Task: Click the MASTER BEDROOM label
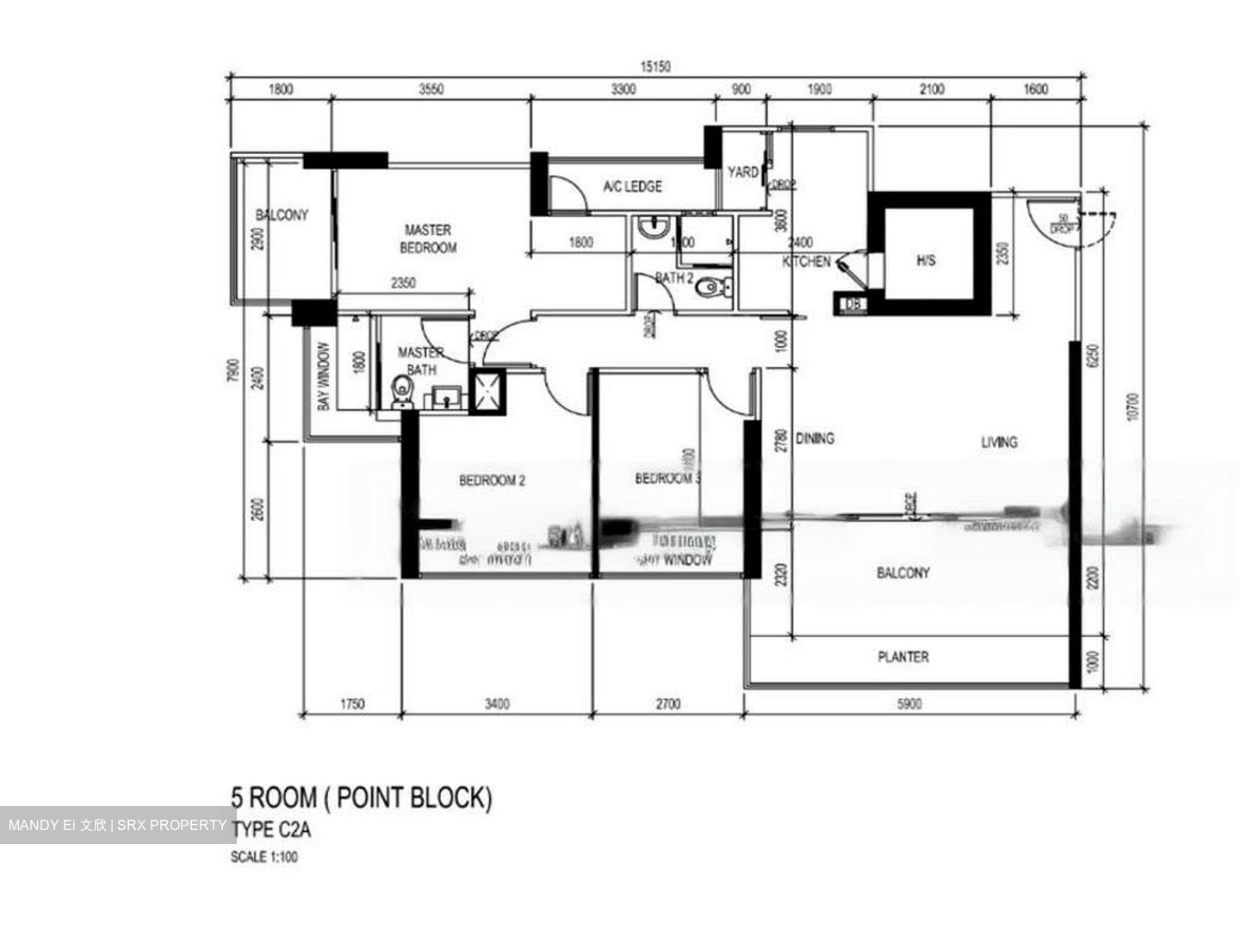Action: (428, 239)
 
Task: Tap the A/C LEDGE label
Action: (632, 186)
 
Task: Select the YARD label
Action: (742, 172)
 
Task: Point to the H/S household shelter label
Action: (926, 259)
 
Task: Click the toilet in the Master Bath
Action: (402, 392)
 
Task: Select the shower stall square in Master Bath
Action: (489, 393)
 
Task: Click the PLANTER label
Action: (902, 657)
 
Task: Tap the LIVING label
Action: (999, 442)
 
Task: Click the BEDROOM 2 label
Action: (492, 480)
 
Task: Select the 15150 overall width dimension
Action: (654, 66)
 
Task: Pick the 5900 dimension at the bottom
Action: (909, 704)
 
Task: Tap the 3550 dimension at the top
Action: (431, 89)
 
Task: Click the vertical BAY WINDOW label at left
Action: (324, 376)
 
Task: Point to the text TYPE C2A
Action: (271, 830)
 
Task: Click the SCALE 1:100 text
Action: (264, 857)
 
